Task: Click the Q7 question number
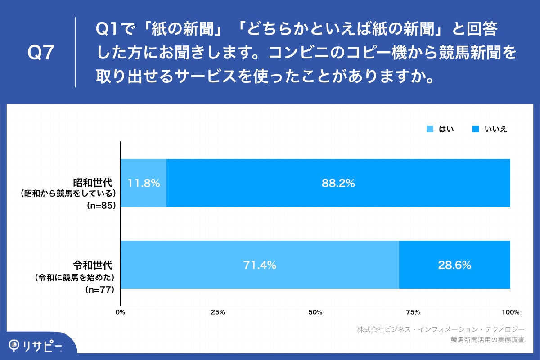41,53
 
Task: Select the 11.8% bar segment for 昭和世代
144,183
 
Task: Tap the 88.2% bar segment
338,183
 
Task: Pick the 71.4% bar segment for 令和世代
259,265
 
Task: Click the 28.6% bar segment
454,265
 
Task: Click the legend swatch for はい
430,130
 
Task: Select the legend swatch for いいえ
475,130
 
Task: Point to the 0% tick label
120,312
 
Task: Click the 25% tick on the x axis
218,312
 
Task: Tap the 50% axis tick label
315,312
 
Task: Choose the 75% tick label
413,312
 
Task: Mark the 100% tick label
510,312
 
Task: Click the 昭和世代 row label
93,183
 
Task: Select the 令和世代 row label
93,265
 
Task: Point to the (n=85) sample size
100,206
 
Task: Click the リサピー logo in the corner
36,346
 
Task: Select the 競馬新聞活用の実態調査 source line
487,340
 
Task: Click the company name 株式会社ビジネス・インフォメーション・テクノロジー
441,329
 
